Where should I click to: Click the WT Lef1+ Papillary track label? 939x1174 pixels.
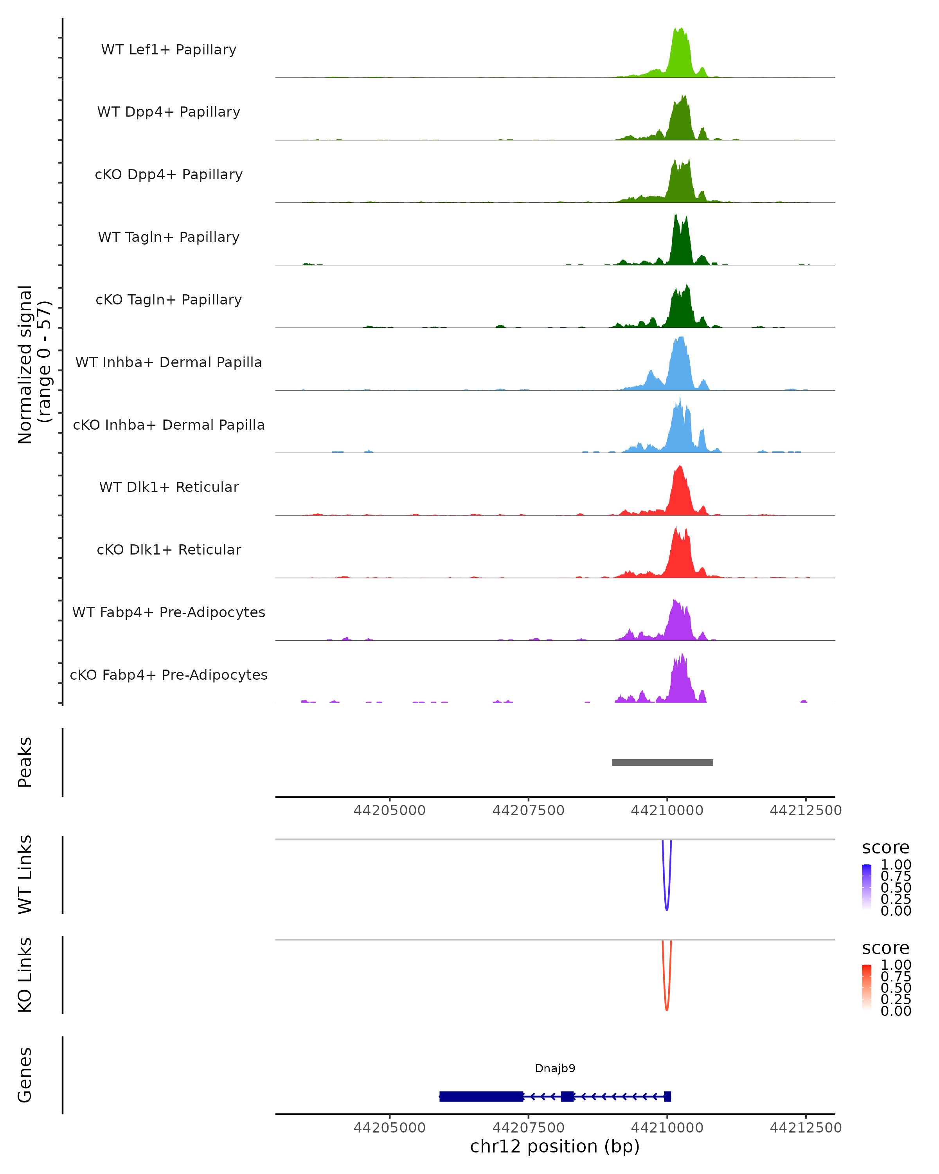pyautogui.click(x=169, y=50)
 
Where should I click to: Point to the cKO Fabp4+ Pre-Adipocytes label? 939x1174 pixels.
pyautogui.click(x=169, y=675)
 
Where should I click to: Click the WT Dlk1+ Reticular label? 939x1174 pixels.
pyautogui.click(x=169, y=487)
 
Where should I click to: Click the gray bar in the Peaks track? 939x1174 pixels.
pyautogui.click(x=662, y=762)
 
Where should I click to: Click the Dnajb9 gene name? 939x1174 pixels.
pyautogui.click(x=555, y=1068)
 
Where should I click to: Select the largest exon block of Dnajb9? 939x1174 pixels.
pyautogui.click(x=481, y=1096)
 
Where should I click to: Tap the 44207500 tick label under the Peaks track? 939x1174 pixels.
pyautogui.click(x=528, y=810)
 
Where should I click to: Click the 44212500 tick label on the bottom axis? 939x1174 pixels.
pyautogui.click(x=805, y=1128)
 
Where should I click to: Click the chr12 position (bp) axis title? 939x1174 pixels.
pyautogui.click(x=555, y=1147)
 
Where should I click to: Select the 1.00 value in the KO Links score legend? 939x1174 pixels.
pyautogui.click(x=896, y=965)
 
